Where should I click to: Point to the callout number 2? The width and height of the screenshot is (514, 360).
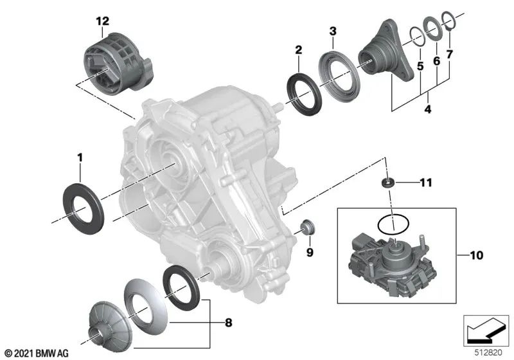(x=298, y=50)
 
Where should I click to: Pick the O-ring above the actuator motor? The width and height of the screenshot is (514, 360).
(x=392, y=224)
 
